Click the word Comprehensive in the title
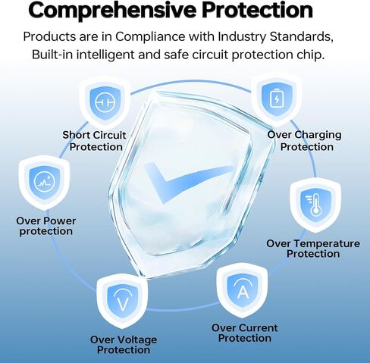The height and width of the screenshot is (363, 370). (x=112, y=11)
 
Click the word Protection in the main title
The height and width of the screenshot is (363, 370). (x=257, y=10)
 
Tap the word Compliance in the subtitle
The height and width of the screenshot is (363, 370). (x=150, y=37)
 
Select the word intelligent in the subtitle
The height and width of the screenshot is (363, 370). (x=105, y=55)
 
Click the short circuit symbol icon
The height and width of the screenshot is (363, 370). (x=105, y=102)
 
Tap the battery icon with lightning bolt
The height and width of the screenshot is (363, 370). (x=277, y=99)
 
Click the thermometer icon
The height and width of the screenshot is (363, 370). (x=313, y=205)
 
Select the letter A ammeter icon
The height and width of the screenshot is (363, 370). (x=242, y=289)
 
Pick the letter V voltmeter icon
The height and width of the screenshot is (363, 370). (x=123, y=299)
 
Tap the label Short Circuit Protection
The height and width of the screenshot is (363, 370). (x=94, y=141)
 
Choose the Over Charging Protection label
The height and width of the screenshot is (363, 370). (x=305, y=141)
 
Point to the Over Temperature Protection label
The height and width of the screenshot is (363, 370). (x=313, y=249)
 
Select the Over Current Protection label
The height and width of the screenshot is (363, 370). (x=245, y=333)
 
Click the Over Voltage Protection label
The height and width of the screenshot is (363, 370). (x=124, y=345)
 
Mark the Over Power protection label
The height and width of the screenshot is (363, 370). (x=46, y=226)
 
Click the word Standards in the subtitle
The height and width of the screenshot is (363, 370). (x=301, y=37)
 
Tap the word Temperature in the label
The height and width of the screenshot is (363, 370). (x=329, y=244)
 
